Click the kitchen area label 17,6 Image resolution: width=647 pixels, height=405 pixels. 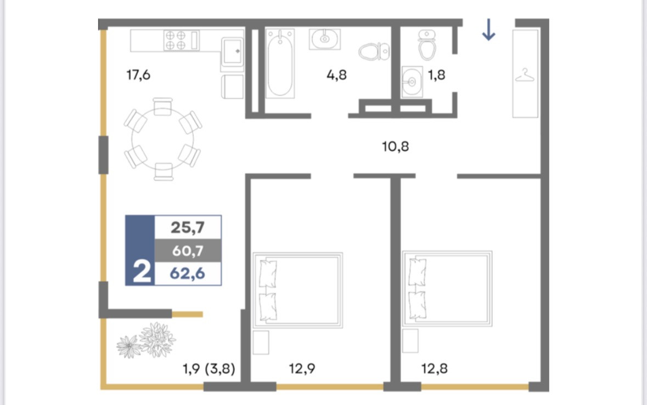[x=138, y=75]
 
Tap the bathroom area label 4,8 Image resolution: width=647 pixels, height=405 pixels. [x=336, y=75]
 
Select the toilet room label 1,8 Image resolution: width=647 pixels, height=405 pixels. [x=436, y=75]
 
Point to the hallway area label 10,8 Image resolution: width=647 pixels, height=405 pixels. [x=395, y=146]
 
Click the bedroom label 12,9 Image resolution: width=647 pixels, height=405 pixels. [x=302, y=368]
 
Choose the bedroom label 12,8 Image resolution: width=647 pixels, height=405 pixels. [x=434, y=368]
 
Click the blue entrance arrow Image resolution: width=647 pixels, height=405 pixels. [x=488, y=30]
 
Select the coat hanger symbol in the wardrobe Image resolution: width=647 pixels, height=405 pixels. [x=525, y=76]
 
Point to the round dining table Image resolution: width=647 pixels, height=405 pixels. [x=162, y=139]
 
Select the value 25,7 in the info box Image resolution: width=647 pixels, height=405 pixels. [x=188, y=227]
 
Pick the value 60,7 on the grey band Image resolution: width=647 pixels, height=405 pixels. [x=188, y=250]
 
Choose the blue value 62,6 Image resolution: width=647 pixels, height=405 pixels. [x=188, y=273]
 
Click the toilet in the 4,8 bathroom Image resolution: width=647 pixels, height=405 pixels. [x=374, y=52]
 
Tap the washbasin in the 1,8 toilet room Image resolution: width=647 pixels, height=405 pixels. [x=412, y=82]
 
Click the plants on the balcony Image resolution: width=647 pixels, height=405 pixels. [x=147, y=340]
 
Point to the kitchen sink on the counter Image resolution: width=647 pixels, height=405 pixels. [x=232, y=52]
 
